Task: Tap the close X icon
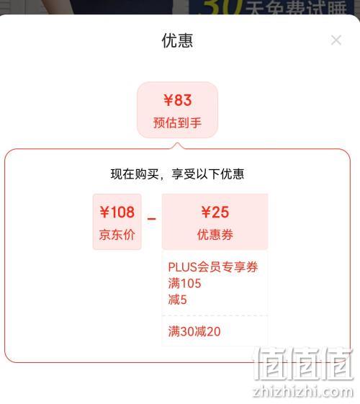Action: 336,40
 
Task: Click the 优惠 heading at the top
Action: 177,41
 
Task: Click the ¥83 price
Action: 177,100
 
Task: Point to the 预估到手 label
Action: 177,122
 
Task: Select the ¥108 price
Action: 117,212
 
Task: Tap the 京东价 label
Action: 117,235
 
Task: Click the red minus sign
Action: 151,219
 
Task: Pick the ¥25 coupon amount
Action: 215,212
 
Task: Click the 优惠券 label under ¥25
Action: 215,235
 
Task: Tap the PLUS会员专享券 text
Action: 213,267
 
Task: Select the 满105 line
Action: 184,284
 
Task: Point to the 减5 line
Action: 177,300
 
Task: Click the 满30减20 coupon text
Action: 194,331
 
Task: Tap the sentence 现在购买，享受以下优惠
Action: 177,174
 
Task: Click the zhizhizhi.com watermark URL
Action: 303,392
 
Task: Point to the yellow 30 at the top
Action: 221,7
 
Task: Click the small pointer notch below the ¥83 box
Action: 177,145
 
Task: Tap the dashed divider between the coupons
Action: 215,315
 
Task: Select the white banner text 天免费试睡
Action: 296,8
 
